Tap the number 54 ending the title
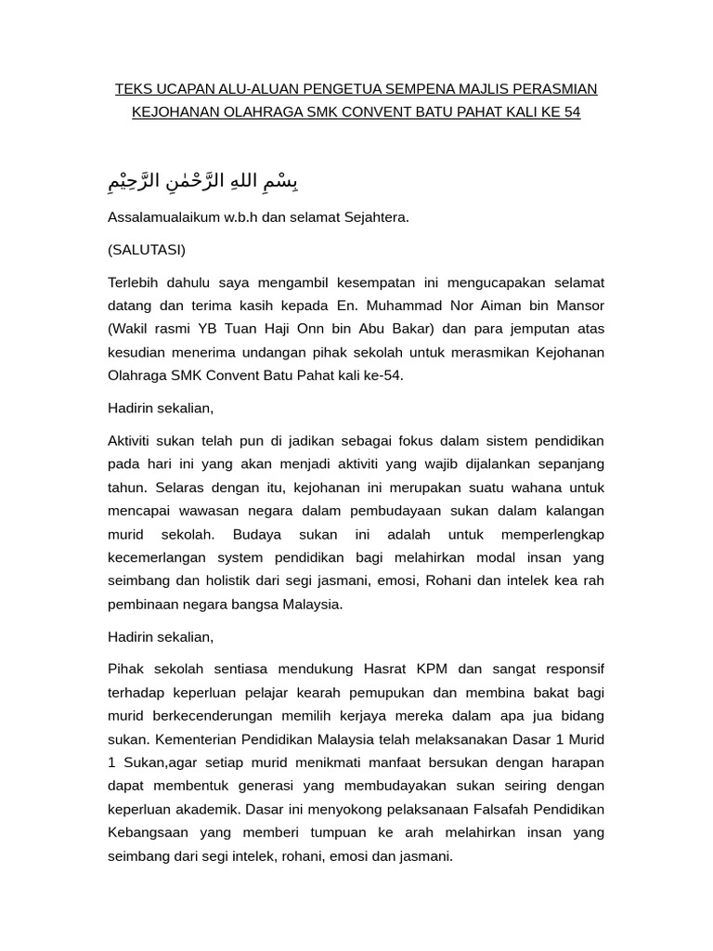point(572,112)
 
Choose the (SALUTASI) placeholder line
point(147,250)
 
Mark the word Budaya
point(257,534)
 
